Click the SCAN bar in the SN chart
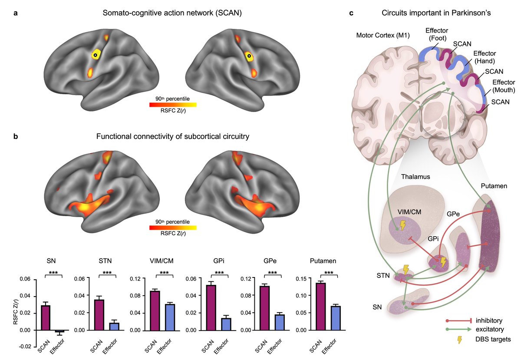[x=46, y=317]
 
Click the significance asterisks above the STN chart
[x=106, y=273]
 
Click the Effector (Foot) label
[x=436, y=34]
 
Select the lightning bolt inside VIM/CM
[x=403, y=225]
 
